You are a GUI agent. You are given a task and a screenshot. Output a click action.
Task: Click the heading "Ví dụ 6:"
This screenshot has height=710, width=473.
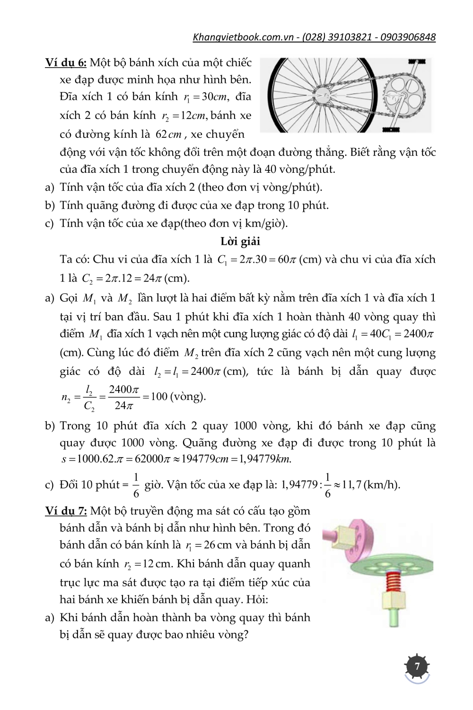tap(66, 63)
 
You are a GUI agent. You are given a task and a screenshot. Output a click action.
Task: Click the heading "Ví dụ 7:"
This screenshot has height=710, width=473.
tap(66, 511)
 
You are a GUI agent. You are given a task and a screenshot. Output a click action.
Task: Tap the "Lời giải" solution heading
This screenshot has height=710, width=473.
tap(240, 241)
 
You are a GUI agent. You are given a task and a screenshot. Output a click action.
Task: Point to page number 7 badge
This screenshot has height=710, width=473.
tap(417, 667)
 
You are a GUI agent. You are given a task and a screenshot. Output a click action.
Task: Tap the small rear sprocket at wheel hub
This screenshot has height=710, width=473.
tap(326, 95)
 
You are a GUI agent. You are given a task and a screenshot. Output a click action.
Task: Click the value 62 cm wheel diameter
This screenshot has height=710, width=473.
tap(168, 134)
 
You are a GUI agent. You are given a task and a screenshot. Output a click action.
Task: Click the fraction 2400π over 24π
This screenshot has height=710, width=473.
tap(123, 397)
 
